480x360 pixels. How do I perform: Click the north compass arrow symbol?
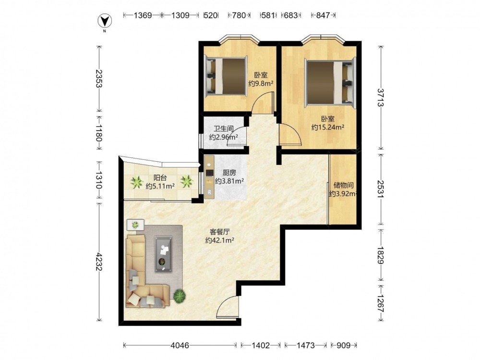tap(104, 21)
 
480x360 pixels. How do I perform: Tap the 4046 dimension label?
tap(180, 346)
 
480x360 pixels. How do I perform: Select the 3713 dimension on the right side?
tap(381, 97)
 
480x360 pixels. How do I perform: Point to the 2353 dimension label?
tap(98, 79)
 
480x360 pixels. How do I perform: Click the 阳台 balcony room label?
tap(160, 178)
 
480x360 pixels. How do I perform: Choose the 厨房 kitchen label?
tap(229, 173)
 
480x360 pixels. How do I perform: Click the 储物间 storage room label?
tap(344, 185)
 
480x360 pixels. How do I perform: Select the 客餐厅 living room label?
tap(220, 232)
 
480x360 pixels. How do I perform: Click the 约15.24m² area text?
tap(328, 127)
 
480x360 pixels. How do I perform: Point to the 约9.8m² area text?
tap(261, 83)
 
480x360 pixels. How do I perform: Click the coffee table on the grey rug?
tap(163, 254)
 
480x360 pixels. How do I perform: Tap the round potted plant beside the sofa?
tap(180, 295)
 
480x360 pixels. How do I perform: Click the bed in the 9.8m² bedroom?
tap(226, 76)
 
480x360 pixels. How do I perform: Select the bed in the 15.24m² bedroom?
tap(330, 83)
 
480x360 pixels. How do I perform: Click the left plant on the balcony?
tap(136, 182)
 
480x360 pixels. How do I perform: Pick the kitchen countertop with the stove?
tap(209, 177)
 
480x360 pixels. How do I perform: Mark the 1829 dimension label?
tap(381, 255)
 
